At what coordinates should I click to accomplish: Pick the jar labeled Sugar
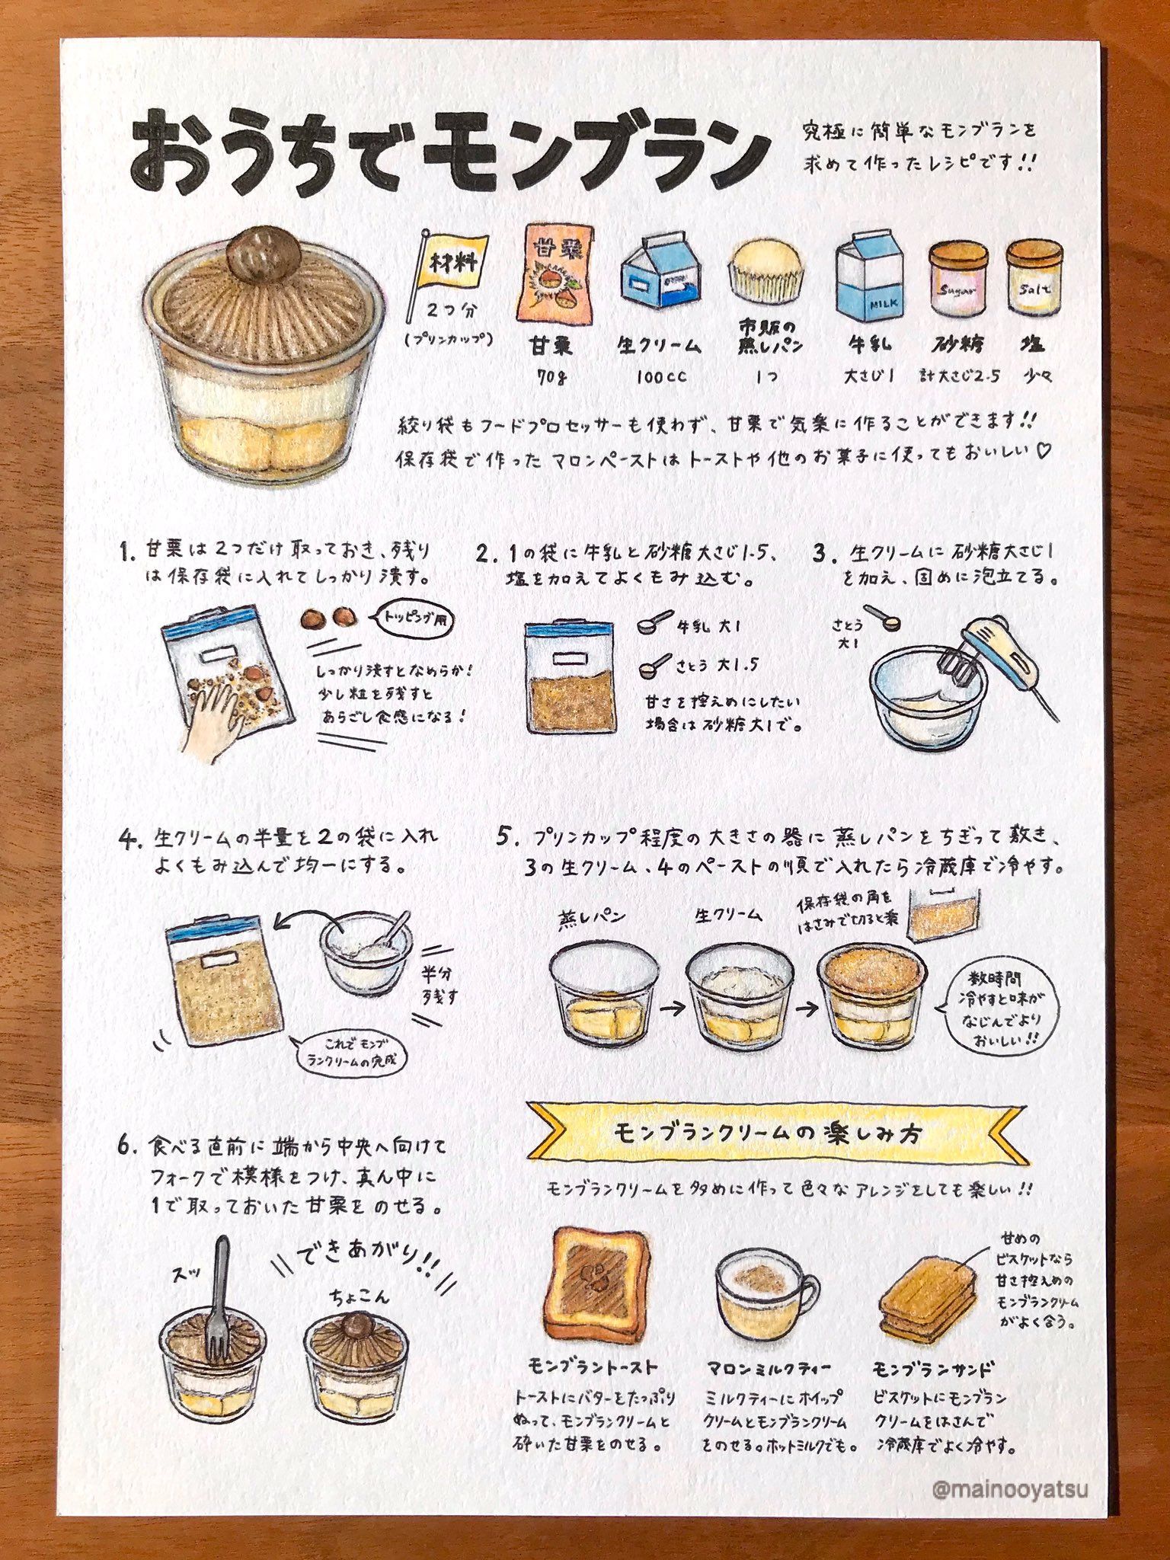pyautogui.click(x=957, y=280)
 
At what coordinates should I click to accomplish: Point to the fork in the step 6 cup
pyautogui.click(x=220, y=1295)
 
